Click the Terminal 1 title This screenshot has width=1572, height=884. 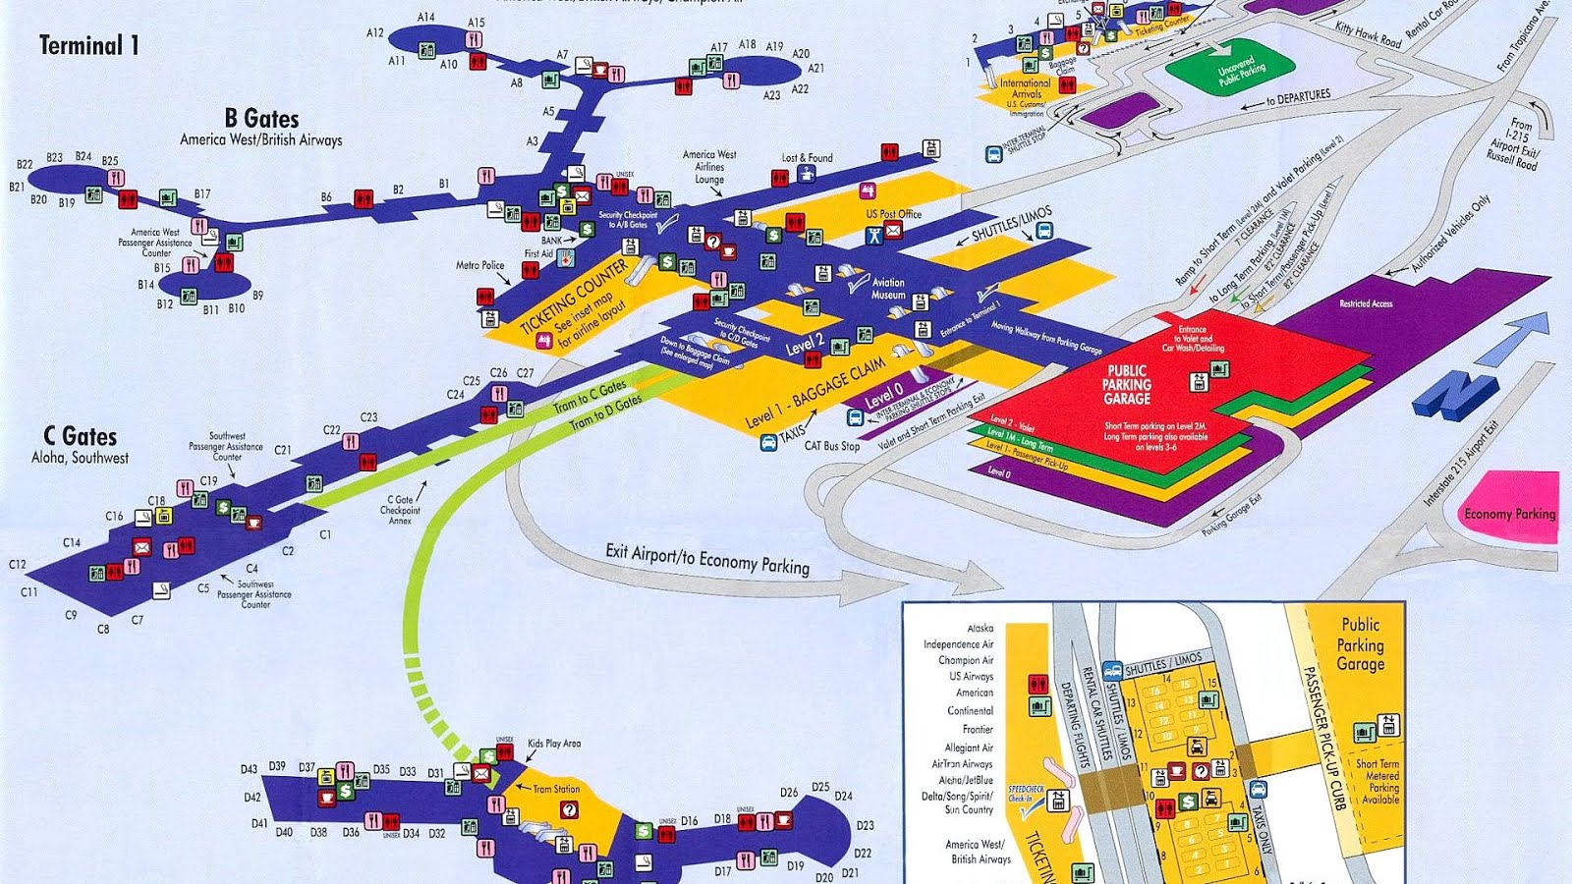coord(88,45)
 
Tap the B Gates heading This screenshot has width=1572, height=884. coord(261,119)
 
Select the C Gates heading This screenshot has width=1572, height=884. coord(80,437)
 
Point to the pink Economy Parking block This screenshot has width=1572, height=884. coord(1510,511)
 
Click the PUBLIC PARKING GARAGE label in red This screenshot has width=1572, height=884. coord(1126,385)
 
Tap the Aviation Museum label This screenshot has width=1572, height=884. coord(888,288)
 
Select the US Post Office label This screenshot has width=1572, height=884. coord(893,213)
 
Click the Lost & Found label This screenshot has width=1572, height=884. coord(807,157)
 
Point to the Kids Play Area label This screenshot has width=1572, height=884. coord(554,744)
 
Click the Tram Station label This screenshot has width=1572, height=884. coord(556,789)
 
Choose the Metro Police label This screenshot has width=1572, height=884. coord(479,265)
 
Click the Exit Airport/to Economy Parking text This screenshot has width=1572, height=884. coord(707,559)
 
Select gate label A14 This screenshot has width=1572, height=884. coord(425,18)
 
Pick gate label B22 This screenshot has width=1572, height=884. coord(25,164)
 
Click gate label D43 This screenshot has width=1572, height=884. coord(249,769)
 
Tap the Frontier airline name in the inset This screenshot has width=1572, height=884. coord(978,729)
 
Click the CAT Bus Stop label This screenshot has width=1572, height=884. coord(831,446)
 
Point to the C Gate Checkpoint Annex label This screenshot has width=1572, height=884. coord(401,510)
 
